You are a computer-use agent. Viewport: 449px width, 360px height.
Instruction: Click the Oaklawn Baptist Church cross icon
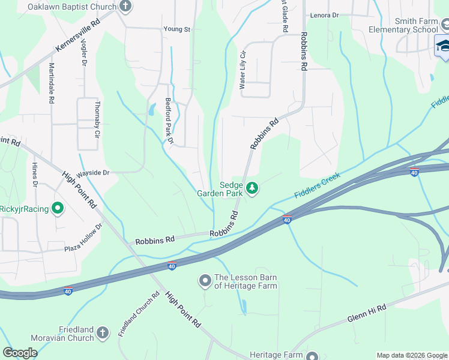click(125, 7)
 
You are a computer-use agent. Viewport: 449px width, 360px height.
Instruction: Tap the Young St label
click(176, 29)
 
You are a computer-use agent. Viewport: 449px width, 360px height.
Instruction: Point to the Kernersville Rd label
click(78, 34)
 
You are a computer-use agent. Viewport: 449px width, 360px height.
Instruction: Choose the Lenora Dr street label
click(324, 16)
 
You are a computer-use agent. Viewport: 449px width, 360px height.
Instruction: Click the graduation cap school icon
click(444, 46)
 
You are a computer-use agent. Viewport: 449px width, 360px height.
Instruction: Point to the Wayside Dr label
click(92, 173)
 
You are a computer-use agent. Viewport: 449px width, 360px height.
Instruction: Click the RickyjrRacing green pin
click(58, 209)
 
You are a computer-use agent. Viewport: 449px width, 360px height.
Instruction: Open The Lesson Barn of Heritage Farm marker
click(205, 280)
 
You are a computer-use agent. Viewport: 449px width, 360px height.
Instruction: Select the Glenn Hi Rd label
click(366, 313)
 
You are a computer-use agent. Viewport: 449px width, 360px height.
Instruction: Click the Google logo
click(20, 353)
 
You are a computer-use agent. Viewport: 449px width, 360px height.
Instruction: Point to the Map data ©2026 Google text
click(411, 355)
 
